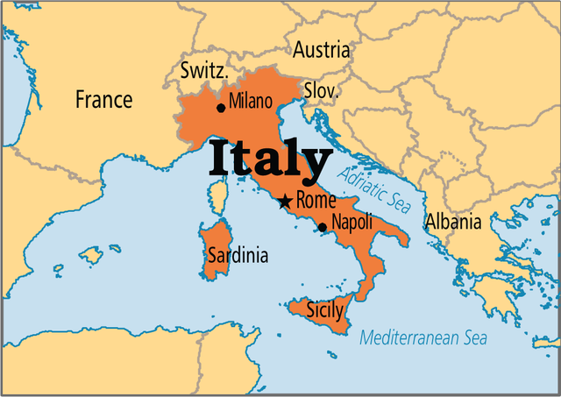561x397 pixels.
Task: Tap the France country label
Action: click(103, 100)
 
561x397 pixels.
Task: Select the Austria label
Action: click(321, 50)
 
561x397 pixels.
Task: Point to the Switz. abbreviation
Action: click(204, 71)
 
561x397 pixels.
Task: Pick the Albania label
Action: click(453, 222)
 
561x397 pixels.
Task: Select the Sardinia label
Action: click(238, 255)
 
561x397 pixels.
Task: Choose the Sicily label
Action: click(325, 308)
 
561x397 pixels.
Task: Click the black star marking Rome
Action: click(284, 202)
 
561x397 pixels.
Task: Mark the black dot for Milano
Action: click(220, 107)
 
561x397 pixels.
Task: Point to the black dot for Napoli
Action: click(322, 227)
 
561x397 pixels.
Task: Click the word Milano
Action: click(251, 103)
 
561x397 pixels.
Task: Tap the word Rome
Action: click(316, 200)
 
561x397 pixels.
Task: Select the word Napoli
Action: click(353, 224)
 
